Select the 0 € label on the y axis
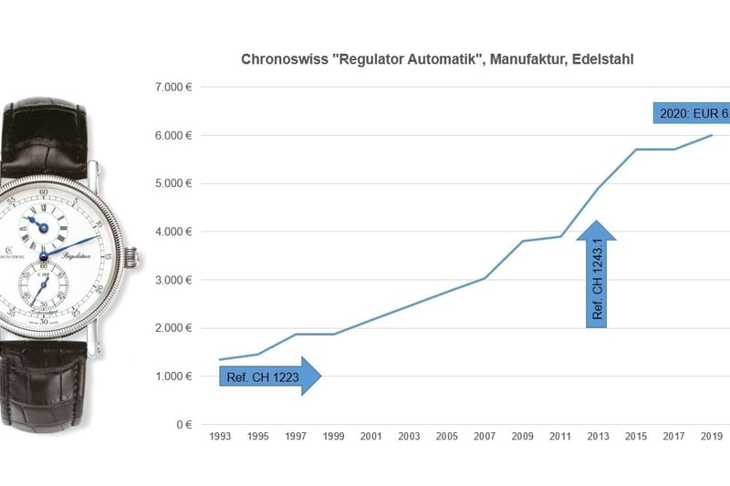182,424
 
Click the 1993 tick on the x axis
220,438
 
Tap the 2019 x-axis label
712,438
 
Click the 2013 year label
599,438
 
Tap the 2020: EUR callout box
693,113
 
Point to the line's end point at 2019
712,135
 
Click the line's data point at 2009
523,241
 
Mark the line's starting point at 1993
220,359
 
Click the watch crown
137,258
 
